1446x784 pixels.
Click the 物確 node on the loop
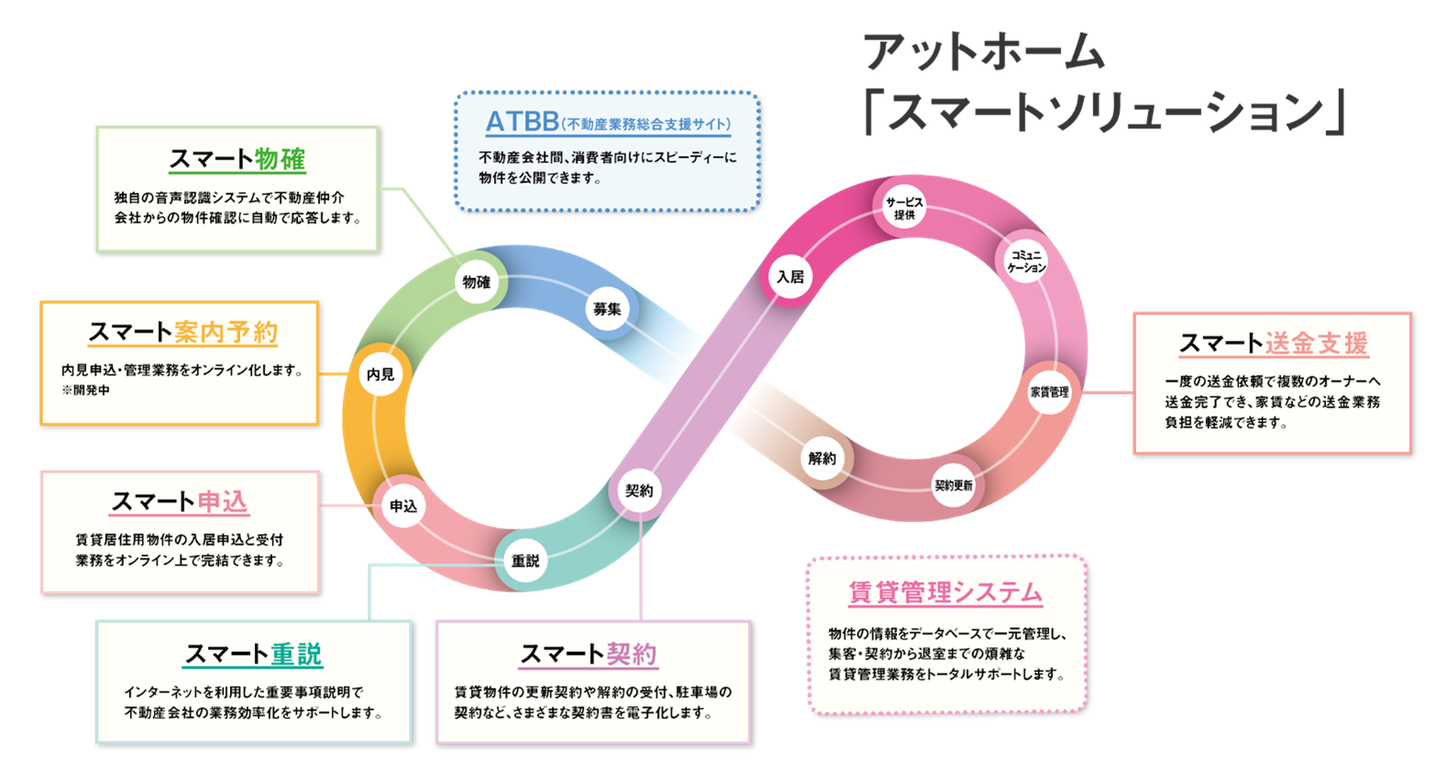477,282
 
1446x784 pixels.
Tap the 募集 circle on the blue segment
607,310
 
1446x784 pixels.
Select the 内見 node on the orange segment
380,375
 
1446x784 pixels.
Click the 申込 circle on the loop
403,506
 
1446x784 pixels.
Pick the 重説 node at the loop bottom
525,561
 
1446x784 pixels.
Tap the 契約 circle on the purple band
639,491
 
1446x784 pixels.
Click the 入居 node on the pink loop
790,277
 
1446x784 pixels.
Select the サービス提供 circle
904,209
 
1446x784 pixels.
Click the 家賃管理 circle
1049,392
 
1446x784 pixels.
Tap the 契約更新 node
954,485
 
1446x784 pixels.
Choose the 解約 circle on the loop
822,459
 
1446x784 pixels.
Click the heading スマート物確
237,159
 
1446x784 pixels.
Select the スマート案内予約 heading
183,332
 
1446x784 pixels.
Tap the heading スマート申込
180,502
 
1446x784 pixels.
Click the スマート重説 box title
254,654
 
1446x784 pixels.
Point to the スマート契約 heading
588,654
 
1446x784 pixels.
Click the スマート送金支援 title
1273,343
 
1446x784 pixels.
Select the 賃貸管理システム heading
946,593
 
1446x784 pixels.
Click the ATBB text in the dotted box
522,122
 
